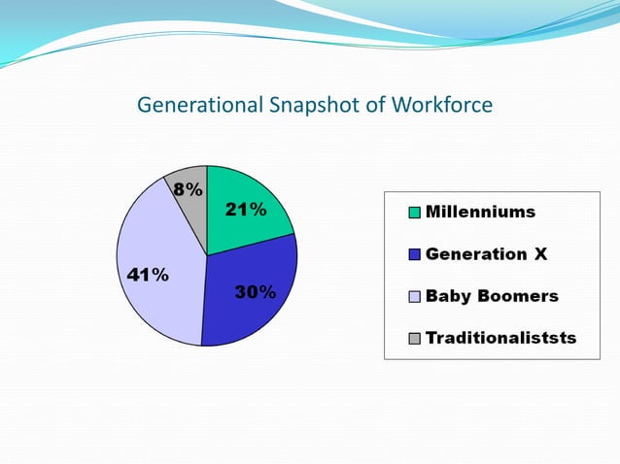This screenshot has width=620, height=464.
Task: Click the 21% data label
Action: click(245, 210)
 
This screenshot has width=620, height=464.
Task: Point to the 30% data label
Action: click(255, 292)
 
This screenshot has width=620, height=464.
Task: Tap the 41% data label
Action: click(148, 275)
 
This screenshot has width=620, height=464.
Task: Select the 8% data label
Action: click(188, 189)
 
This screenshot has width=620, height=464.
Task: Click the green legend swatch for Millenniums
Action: click(414, 213)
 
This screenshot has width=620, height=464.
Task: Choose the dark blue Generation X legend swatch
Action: click(414, 255)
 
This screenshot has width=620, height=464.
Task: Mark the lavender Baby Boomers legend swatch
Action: click(414, 297)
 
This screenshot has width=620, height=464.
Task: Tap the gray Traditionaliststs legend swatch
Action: click(414, 339)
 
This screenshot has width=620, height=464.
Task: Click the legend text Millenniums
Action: click(480, 212)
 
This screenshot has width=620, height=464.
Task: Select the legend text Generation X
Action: click(486, 254)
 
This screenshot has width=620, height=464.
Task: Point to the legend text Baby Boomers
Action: click(492, 296)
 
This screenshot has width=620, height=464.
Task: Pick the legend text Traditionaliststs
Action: click(500, 338)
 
